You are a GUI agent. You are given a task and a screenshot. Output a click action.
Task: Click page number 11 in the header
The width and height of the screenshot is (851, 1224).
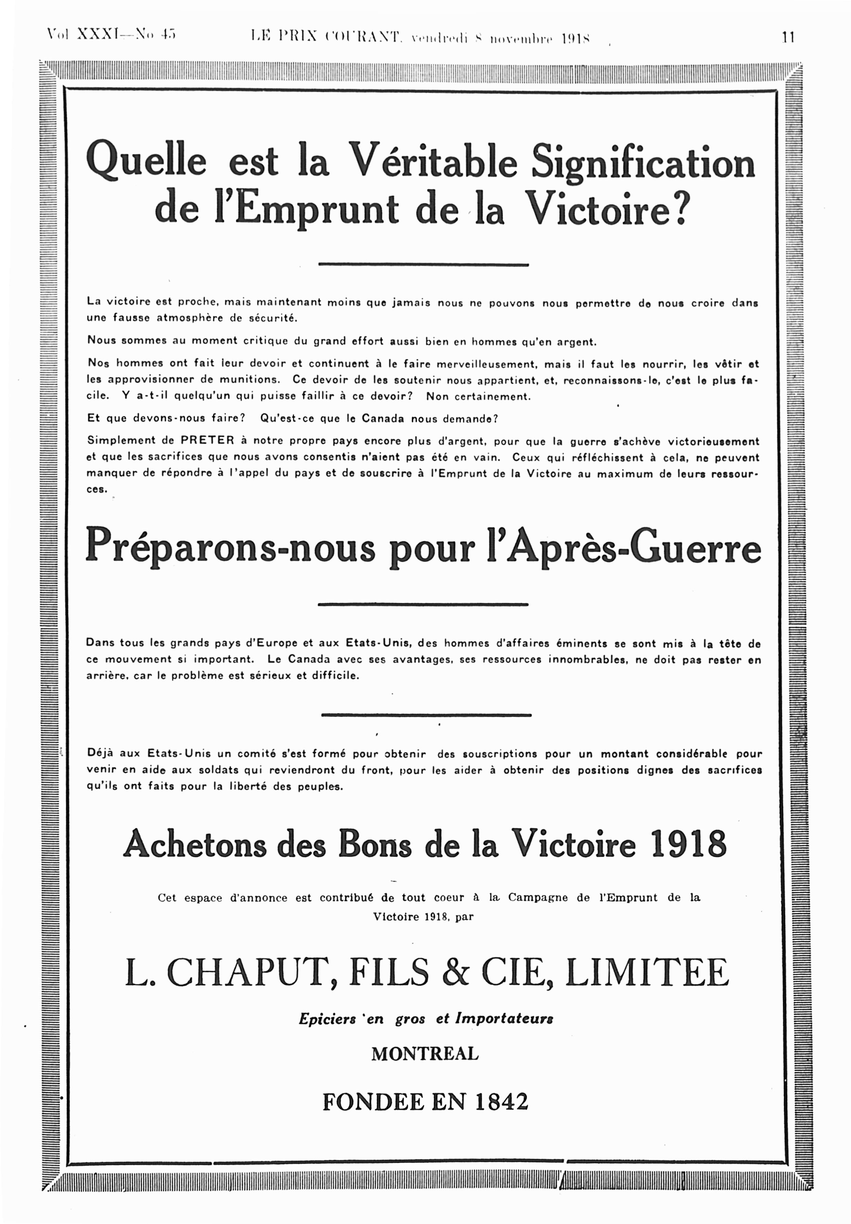pos(788,37)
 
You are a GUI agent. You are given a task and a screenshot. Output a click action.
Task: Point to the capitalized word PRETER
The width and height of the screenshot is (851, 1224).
pos(207,440)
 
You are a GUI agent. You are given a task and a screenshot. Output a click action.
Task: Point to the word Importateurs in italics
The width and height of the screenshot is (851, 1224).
pos(504,1018)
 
